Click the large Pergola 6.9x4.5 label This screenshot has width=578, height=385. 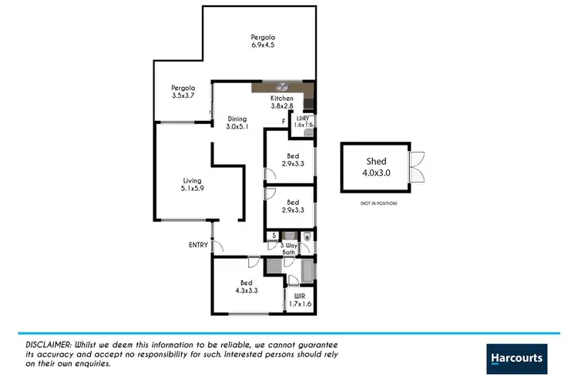[x=263, y=41]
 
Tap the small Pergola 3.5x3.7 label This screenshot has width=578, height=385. [x=183, y=92]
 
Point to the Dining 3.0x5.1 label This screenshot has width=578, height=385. [x=237, y=123]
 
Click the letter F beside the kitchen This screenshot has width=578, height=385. [x=284, y=122]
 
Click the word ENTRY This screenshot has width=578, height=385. [x=199, y=245]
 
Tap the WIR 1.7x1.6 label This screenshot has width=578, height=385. [x=299, y=300]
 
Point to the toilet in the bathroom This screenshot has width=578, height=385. [x=307, y=237]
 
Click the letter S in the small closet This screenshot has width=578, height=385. [x=272, y=236]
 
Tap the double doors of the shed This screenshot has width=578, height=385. [x=417, y=166]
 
